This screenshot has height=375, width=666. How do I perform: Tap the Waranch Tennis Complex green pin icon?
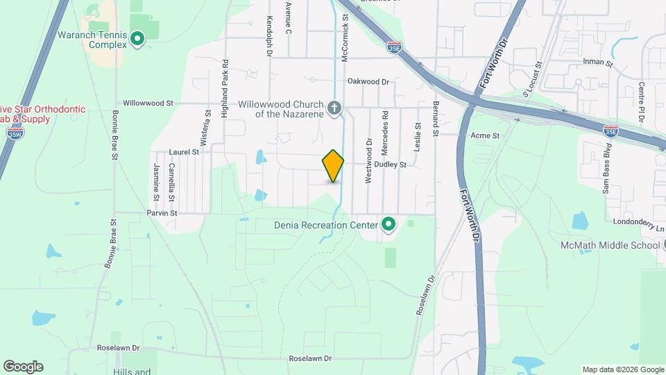(x=137, y=39)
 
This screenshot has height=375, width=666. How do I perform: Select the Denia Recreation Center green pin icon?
(x=388, y=224)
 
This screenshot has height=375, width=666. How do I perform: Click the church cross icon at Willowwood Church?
(x=334, y=108)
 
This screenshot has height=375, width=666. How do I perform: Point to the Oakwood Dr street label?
(x=368, y=81)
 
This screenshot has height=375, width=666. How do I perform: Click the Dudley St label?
(x=390, y=165)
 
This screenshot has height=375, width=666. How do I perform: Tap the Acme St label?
(x=485, y=135)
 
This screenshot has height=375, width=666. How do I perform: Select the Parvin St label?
(x=162, y=213)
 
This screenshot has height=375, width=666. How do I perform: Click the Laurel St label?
(x=184, y=151)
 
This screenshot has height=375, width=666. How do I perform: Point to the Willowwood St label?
(x=148, y=103)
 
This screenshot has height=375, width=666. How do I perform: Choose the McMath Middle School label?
(x=610, y=245)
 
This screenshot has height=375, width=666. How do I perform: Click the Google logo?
(x=22, y=367)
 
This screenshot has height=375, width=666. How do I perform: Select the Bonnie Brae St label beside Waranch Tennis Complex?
(x=114, y=135)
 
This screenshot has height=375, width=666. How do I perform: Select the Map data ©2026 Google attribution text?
(x=622, y=369)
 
